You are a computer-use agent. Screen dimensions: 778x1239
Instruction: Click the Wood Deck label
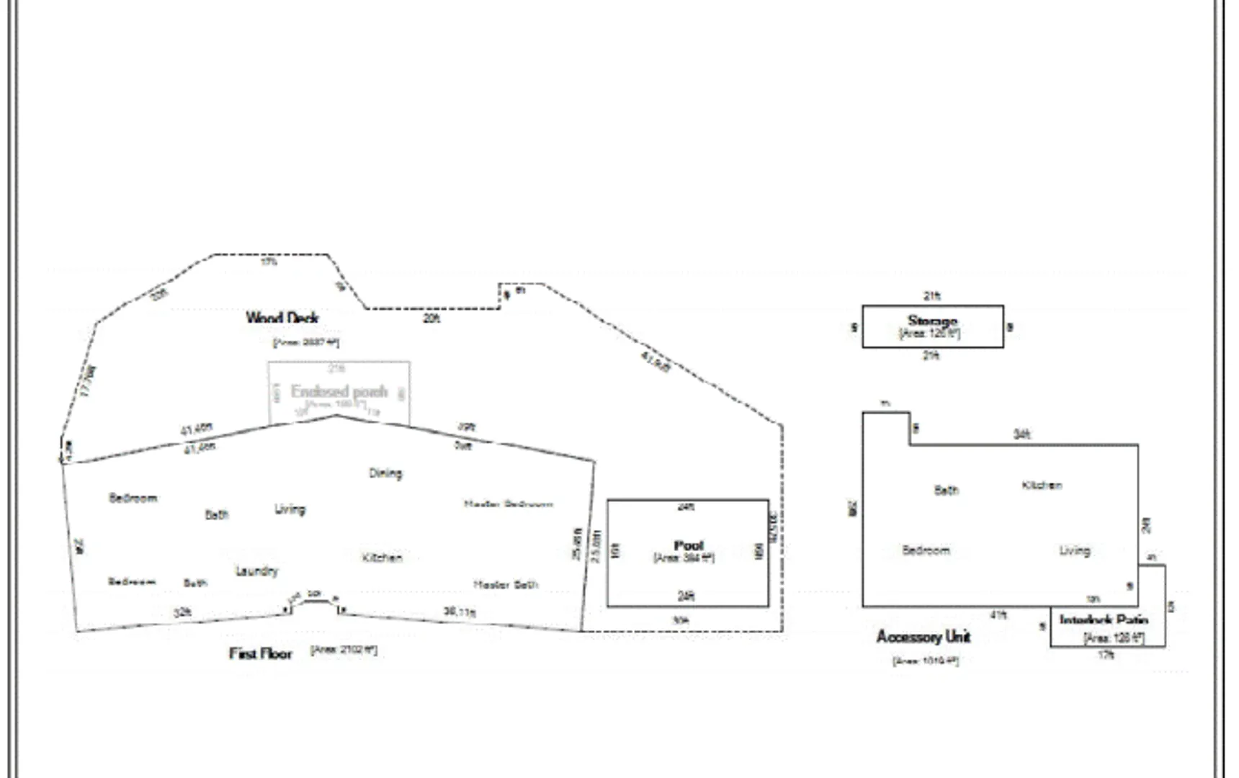click(282, 318)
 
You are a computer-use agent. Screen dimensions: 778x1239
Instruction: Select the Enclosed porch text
click(339, 391)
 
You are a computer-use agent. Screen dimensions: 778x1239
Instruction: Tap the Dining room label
click(385, 473)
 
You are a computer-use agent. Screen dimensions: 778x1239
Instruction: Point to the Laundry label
click(256, 571)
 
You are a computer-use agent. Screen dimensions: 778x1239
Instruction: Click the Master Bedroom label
click(509, 504)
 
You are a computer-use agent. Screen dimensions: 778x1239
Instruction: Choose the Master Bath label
click(506, 584)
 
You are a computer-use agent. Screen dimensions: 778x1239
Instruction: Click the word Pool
click(688, 545)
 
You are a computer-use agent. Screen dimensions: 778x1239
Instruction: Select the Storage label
click(932, 321)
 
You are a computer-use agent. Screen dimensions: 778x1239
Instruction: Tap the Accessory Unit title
click(923, 637)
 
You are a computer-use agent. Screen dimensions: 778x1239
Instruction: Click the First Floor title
click(261, 653)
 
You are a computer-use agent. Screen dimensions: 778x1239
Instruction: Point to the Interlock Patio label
click(1104, 620)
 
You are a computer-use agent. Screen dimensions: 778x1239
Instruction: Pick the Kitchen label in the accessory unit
click(1042, 485)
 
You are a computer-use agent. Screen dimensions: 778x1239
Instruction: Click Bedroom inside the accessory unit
click(926, 550)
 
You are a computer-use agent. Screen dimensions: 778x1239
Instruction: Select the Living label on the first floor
click(290, 509)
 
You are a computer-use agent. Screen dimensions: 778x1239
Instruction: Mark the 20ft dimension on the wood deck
click(431, 318)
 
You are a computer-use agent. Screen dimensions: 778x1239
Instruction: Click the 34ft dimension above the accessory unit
click(1021, 434)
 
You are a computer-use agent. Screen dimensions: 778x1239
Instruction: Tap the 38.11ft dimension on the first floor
click(460, 612)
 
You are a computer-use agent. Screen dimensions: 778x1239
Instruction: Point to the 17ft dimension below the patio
click(1106, 655)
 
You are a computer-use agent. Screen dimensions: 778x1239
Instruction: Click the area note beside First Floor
click(344, 650)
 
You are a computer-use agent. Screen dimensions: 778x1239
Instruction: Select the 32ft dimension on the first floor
click(182, 612)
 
